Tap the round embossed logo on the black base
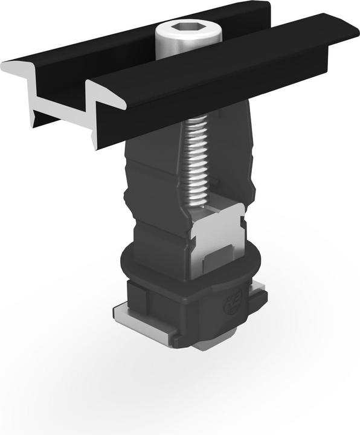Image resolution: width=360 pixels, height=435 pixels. [x=233, y=307]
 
